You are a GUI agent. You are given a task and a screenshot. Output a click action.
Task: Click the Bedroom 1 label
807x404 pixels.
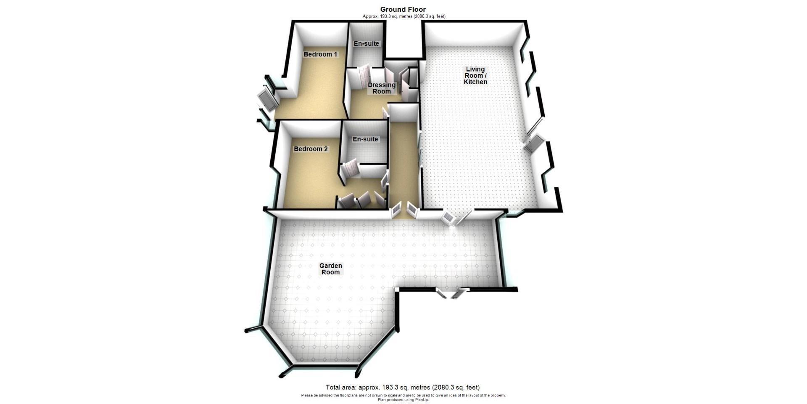click(x=320, y=54)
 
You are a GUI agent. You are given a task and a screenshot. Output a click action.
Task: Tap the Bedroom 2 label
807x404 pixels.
click(x=311, y=149)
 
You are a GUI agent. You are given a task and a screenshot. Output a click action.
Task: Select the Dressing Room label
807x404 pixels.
click(x=382, y=88)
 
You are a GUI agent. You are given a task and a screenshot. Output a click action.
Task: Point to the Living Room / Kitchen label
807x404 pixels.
click(x=475, y=76)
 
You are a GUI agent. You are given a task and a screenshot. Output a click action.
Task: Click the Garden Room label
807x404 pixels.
click(x=331, y=269)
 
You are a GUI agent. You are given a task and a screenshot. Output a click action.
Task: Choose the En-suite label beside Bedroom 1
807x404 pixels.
click(x=366, y=44)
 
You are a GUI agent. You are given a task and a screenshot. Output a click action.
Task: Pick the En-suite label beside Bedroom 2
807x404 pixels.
click(x=365, y=139)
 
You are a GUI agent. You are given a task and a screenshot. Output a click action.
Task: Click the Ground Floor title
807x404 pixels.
click(x=403, y=9)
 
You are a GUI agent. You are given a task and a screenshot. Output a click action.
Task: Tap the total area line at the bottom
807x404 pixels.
click(x=403, y=388)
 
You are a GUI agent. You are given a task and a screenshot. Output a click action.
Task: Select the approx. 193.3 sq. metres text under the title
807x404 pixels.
click(x=403, y=16)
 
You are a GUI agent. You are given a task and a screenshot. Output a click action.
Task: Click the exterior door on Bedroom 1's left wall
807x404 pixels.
click(x=266, y=100)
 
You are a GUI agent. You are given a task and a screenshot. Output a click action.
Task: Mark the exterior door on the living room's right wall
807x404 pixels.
click(x=533, y=144)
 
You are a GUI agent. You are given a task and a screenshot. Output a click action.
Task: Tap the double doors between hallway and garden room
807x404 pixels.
click(x=403, y=209)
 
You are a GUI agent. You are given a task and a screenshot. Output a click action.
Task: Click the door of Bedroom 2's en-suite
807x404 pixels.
click(x=350, y=169)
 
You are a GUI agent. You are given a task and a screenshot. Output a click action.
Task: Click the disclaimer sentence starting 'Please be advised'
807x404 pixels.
click(x=403, y=396)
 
